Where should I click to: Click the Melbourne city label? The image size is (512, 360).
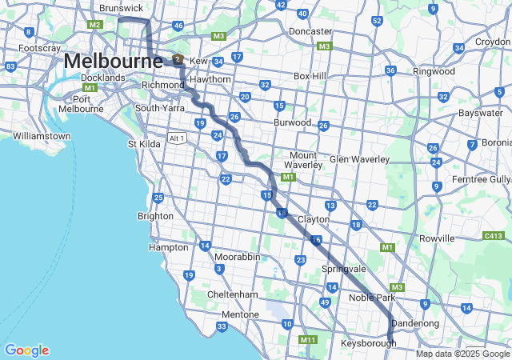[x=105, y=61]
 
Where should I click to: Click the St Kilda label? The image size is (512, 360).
[x=145, y=144]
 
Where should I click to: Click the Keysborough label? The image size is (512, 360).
[x=369, y=343]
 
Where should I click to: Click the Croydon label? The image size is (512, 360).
[x=492, y=42]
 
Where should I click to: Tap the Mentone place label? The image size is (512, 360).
[x=240, y=314]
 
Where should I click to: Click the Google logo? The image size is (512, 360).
[x=26, y=350]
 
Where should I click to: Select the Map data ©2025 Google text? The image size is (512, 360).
[x=462, y=354]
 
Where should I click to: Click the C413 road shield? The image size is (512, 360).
[x=493, y=236]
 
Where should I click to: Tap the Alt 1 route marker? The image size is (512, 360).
[x=177, y=138]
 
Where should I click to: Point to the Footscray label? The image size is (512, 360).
[x=40, y=49]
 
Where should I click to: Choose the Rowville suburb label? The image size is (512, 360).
[x=436, y=238]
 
